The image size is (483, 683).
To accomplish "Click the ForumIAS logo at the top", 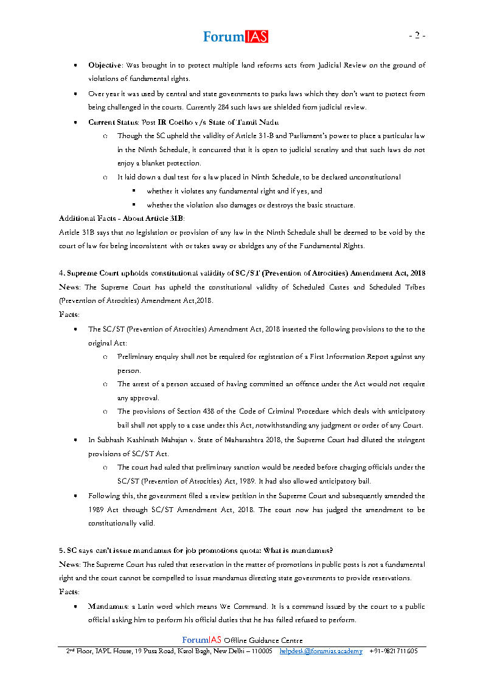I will click(235, 36).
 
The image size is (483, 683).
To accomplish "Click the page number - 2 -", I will click(417, 35).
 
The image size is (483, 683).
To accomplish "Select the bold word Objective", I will click(105, 65).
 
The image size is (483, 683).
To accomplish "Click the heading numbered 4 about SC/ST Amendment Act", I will click(241, 273).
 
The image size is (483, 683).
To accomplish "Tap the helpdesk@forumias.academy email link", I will click(321, 651).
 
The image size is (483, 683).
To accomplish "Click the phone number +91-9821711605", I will click(393, 651).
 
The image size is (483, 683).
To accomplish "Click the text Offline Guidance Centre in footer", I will click(263, 640).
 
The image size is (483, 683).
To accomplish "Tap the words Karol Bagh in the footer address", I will click(209, 651).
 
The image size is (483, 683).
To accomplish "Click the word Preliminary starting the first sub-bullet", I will click(136, 356).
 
